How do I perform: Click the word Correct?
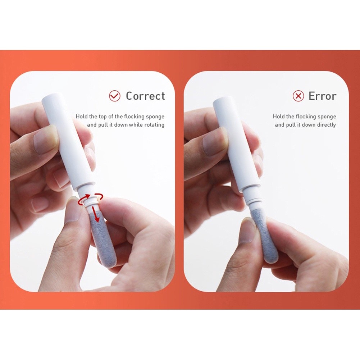pyautogui.click(x=145, y=96)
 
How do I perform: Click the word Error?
pyautogui.click(x=322, y=96)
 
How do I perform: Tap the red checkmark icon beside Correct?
pyautogui.click(x=115, y=96)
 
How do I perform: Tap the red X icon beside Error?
pyautogui.click(x=299, y=96)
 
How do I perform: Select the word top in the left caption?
pyautogui.click(x=102, y=117)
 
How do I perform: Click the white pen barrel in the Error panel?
pyautogui.click(x=237, y=143)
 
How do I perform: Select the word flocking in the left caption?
pyautogui.click(x=134, y=117)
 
